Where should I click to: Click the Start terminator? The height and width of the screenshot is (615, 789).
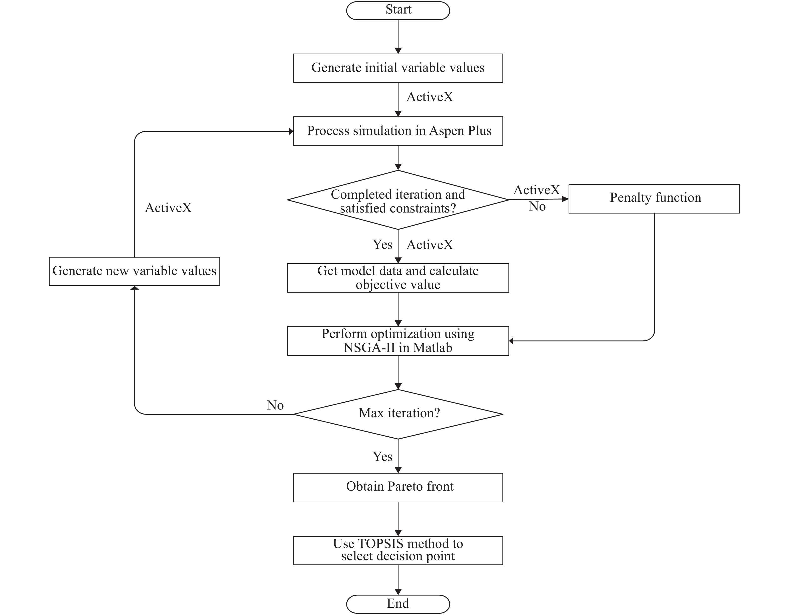pos(398,11)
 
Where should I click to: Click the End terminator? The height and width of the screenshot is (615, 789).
pos(398,603)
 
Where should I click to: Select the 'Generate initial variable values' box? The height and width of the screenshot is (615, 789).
pos(398,68)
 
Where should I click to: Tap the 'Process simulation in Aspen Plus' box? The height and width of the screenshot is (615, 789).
pos(398,131)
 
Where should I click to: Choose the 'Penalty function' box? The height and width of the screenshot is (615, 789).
pos(654,198)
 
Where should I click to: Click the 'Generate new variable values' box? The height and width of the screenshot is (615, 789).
pos(135,271)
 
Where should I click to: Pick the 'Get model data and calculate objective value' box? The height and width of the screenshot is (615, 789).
pos(398,278)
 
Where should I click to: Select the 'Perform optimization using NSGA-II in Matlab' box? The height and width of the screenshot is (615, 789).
pos(398,341)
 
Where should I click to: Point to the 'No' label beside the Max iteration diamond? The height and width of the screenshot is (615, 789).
pos(275,405)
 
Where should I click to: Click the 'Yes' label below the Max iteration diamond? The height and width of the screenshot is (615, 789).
pos(382,457)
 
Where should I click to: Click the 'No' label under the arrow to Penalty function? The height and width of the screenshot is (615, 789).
pos(537,207)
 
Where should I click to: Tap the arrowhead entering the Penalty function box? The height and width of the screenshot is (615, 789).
pos(565,199)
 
